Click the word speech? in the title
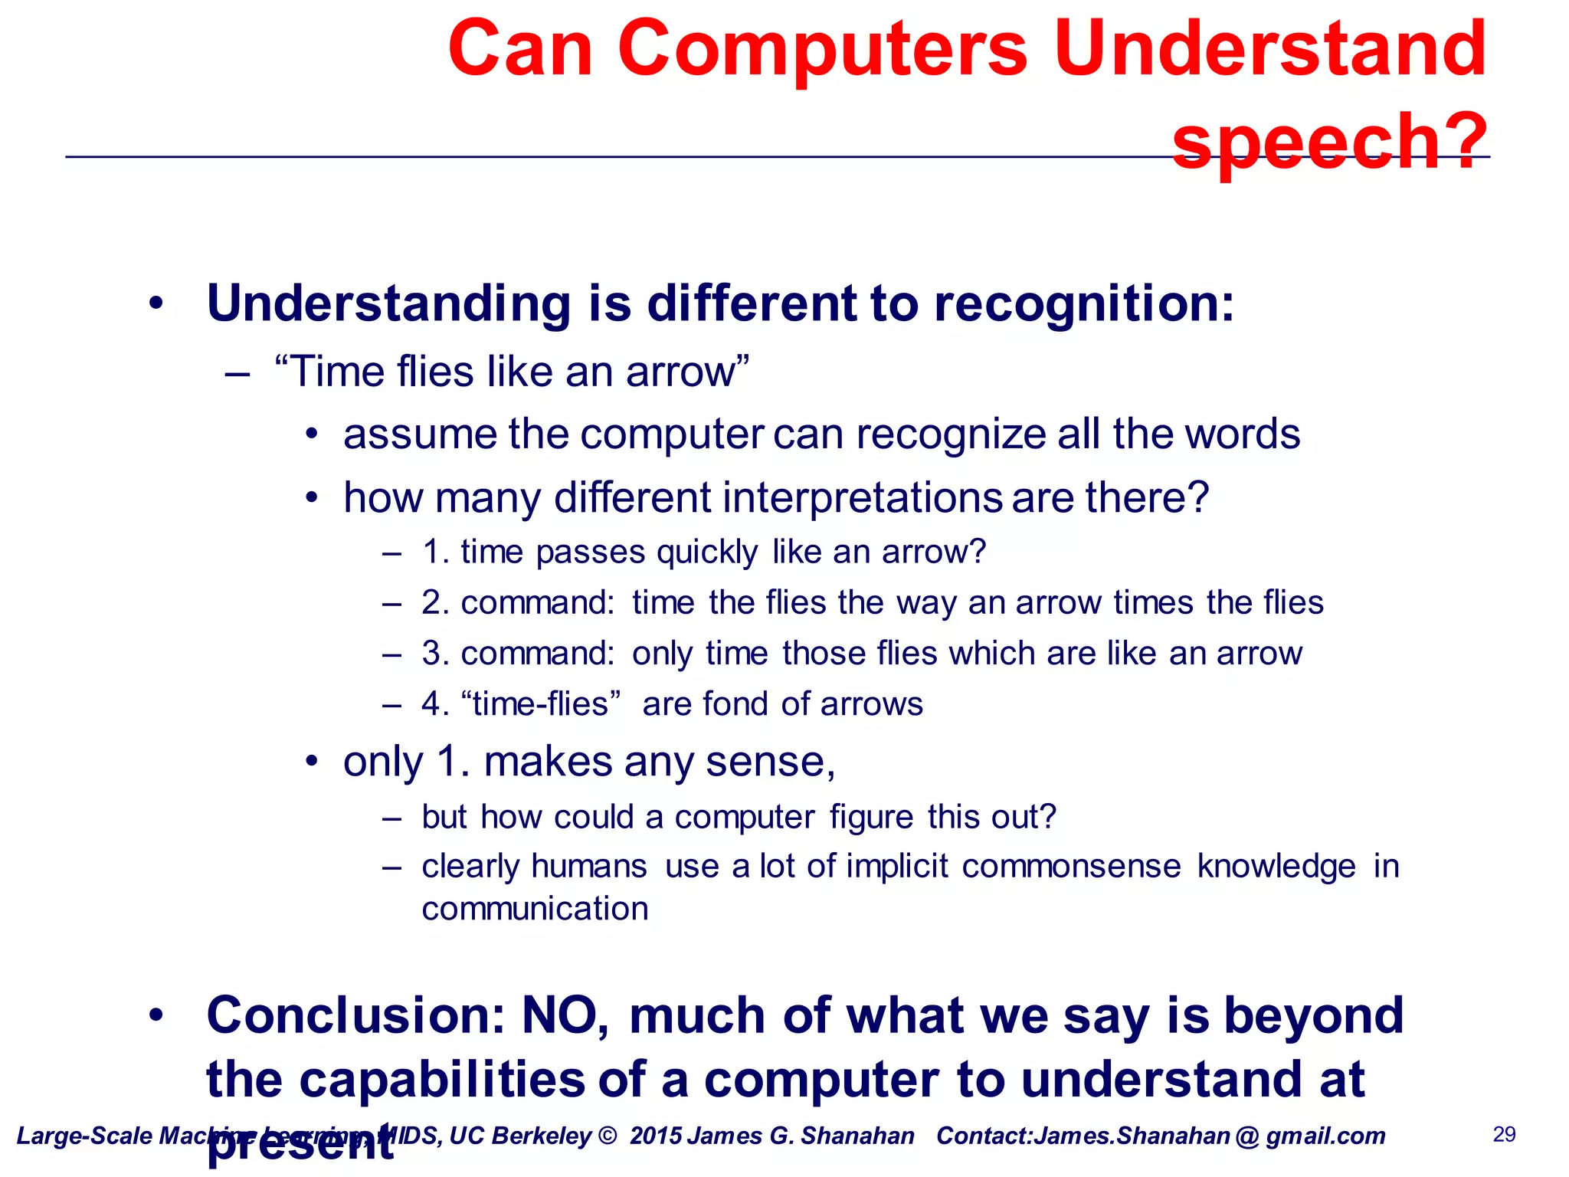[1329, 142]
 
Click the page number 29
[1505, 1134]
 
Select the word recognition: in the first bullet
[1083, 304]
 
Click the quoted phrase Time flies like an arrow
[511, 372]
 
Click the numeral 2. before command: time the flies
[434, 602]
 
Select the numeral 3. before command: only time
[434, 654]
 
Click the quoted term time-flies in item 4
[541, 704]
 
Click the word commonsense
[1071, 867]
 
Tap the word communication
[535, 910]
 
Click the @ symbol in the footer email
[1247, 1136]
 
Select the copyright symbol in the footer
[607, 1136]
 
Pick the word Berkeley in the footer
[542, 1136]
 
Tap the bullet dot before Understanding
[156, 304]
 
